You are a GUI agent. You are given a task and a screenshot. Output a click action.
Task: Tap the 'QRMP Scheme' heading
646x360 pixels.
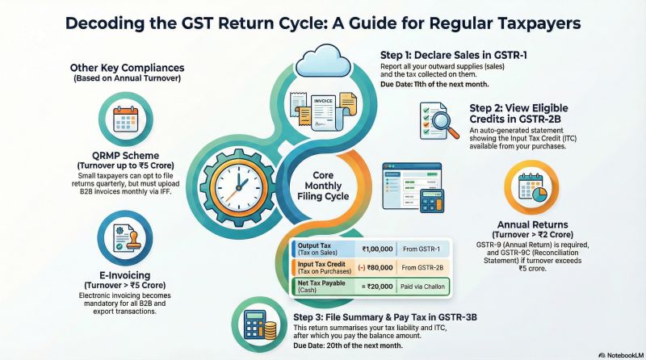(x=128, y=156)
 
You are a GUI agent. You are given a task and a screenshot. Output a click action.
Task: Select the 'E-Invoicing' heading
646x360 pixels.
(x=127, y=275)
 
